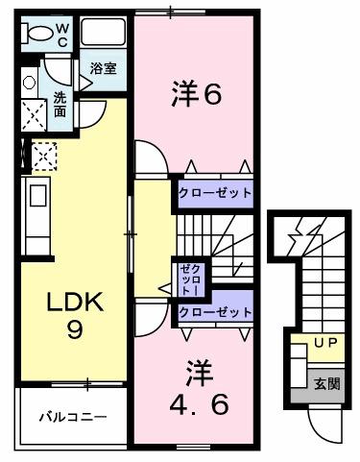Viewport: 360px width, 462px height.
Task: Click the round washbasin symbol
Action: pyautogui.click(x=29, y=84)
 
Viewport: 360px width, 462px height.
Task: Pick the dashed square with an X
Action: pyautogui.click(x=44, y=155)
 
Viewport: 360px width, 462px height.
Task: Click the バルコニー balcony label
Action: pyautogui.click(x=72, y=417)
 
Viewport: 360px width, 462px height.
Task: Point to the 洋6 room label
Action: pyautogui.click(x=197, y=94)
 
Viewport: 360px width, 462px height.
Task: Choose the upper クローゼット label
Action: pyautogui.click(x=215, y=193)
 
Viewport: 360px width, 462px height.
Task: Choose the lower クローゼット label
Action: pyautogui.click(x=215, y=312)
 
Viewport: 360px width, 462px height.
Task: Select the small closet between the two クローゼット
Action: pyautogui.click(x=186, y=278)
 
